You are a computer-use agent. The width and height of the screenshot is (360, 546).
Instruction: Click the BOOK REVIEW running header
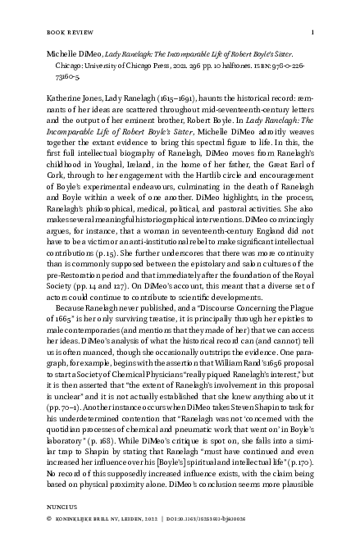pyautogui.click(x=66, y=33)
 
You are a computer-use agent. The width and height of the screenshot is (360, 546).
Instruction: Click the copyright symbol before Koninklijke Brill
pyautogui.click(x=49, y=543)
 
